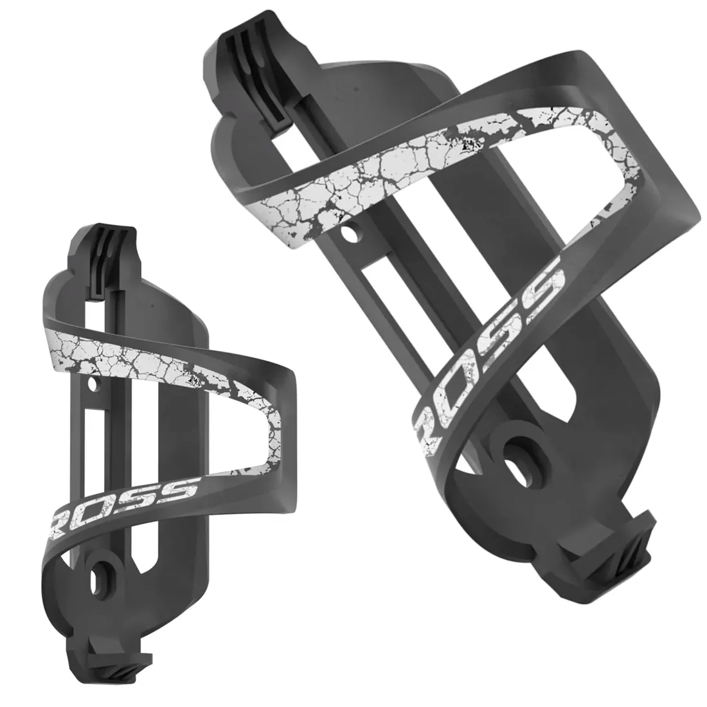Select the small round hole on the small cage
click(96, 385)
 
